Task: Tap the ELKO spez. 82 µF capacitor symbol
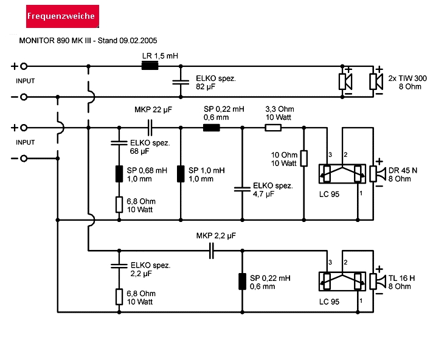pyautogui.click(x=179, y=82)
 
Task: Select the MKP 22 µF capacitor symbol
pyautogui.click(x=150, y=128)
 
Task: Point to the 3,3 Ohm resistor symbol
pyautogui.click(x=274, y=128)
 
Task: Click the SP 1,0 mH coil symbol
pyautogui.click(x=180, y=173)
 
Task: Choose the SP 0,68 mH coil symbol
pyautogui.click(x=119, y=173)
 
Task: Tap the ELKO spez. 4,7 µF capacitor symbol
pyautogui.click(x=242, y=189)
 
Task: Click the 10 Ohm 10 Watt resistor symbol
pyautogui.click(x=303, y=159)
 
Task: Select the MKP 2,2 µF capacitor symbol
pyautogui.click(x=212, y=250)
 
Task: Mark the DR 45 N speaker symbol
pyautogui.click(x=376, y=173)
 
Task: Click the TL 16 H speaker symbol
pyautogui.click(x=376, y=280)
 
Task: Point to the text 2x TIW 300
pyautogui.click(x=407, y=78)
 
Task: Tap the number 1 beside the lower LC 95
pyautogui.click(x=361, y=300)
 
